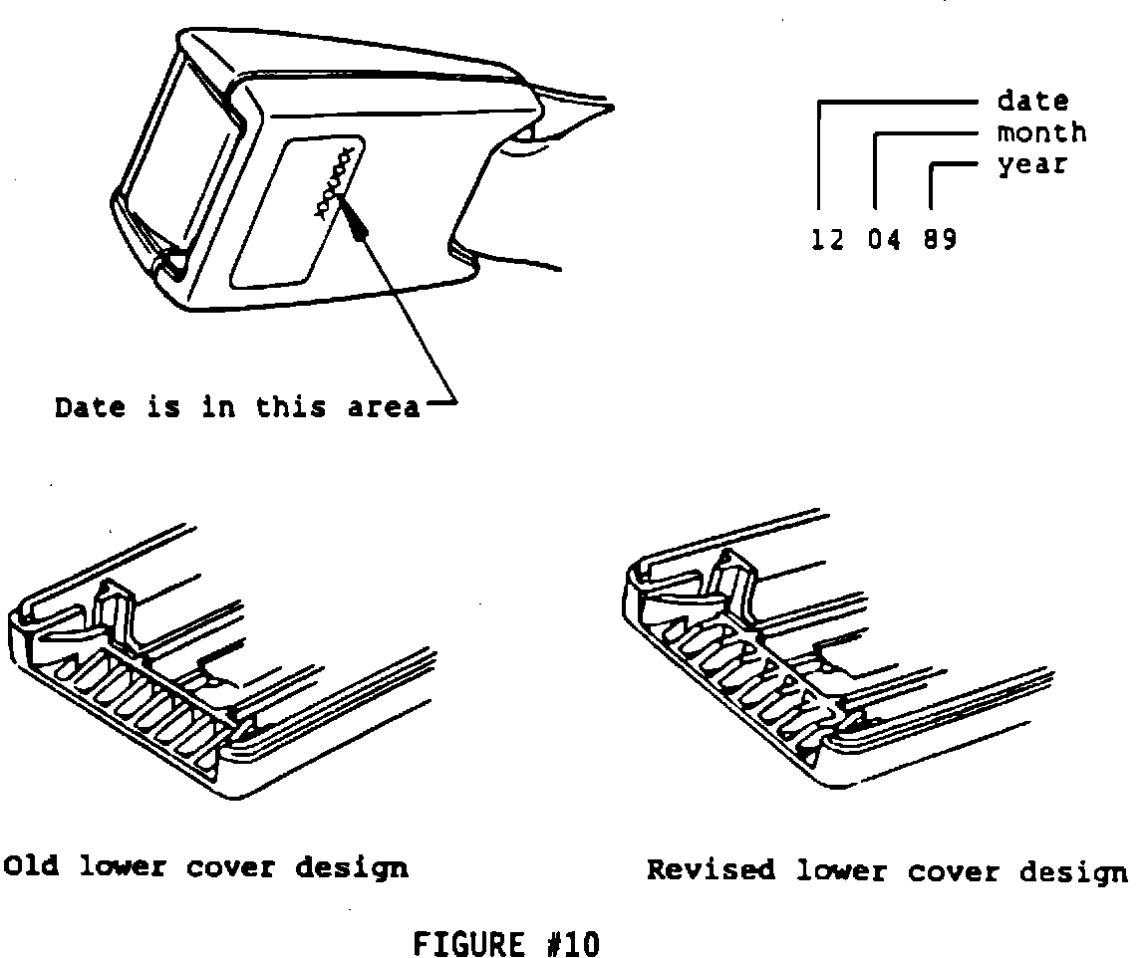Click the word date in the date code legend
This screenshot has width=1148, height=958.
coord(1032,101)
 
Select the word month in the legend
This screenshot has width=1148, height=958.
coord(1041,132)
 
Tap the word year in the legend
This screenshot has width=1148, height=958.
coord(1032,164)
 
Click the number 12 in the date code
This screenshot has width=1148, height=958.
coord(827,240)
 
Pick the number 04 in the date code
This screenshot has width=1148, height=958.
coord(883,240)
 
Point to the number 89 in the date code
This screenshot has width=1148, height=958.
coord(939,240)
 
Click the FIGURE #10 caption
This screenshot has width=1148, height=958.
coord(506,943)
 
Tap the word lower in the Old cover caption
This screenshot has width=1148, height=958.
coord(122,866)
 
